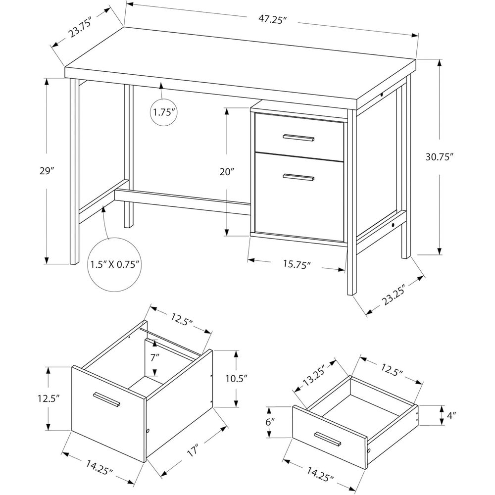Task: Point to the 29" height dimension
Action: (47, 171)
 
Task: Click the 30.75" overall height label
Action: (440, 156)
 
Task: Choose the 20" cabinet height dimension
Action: (227, 171)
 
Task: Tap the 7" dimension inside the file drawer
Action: (155, 357)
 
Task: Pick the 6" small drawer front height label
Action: (270, 422)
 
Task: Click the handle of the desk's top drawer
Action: (298, 137)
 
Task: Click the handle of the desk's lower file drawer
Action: (298, 177)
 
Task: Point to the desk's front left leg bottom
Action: (74, 261)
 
